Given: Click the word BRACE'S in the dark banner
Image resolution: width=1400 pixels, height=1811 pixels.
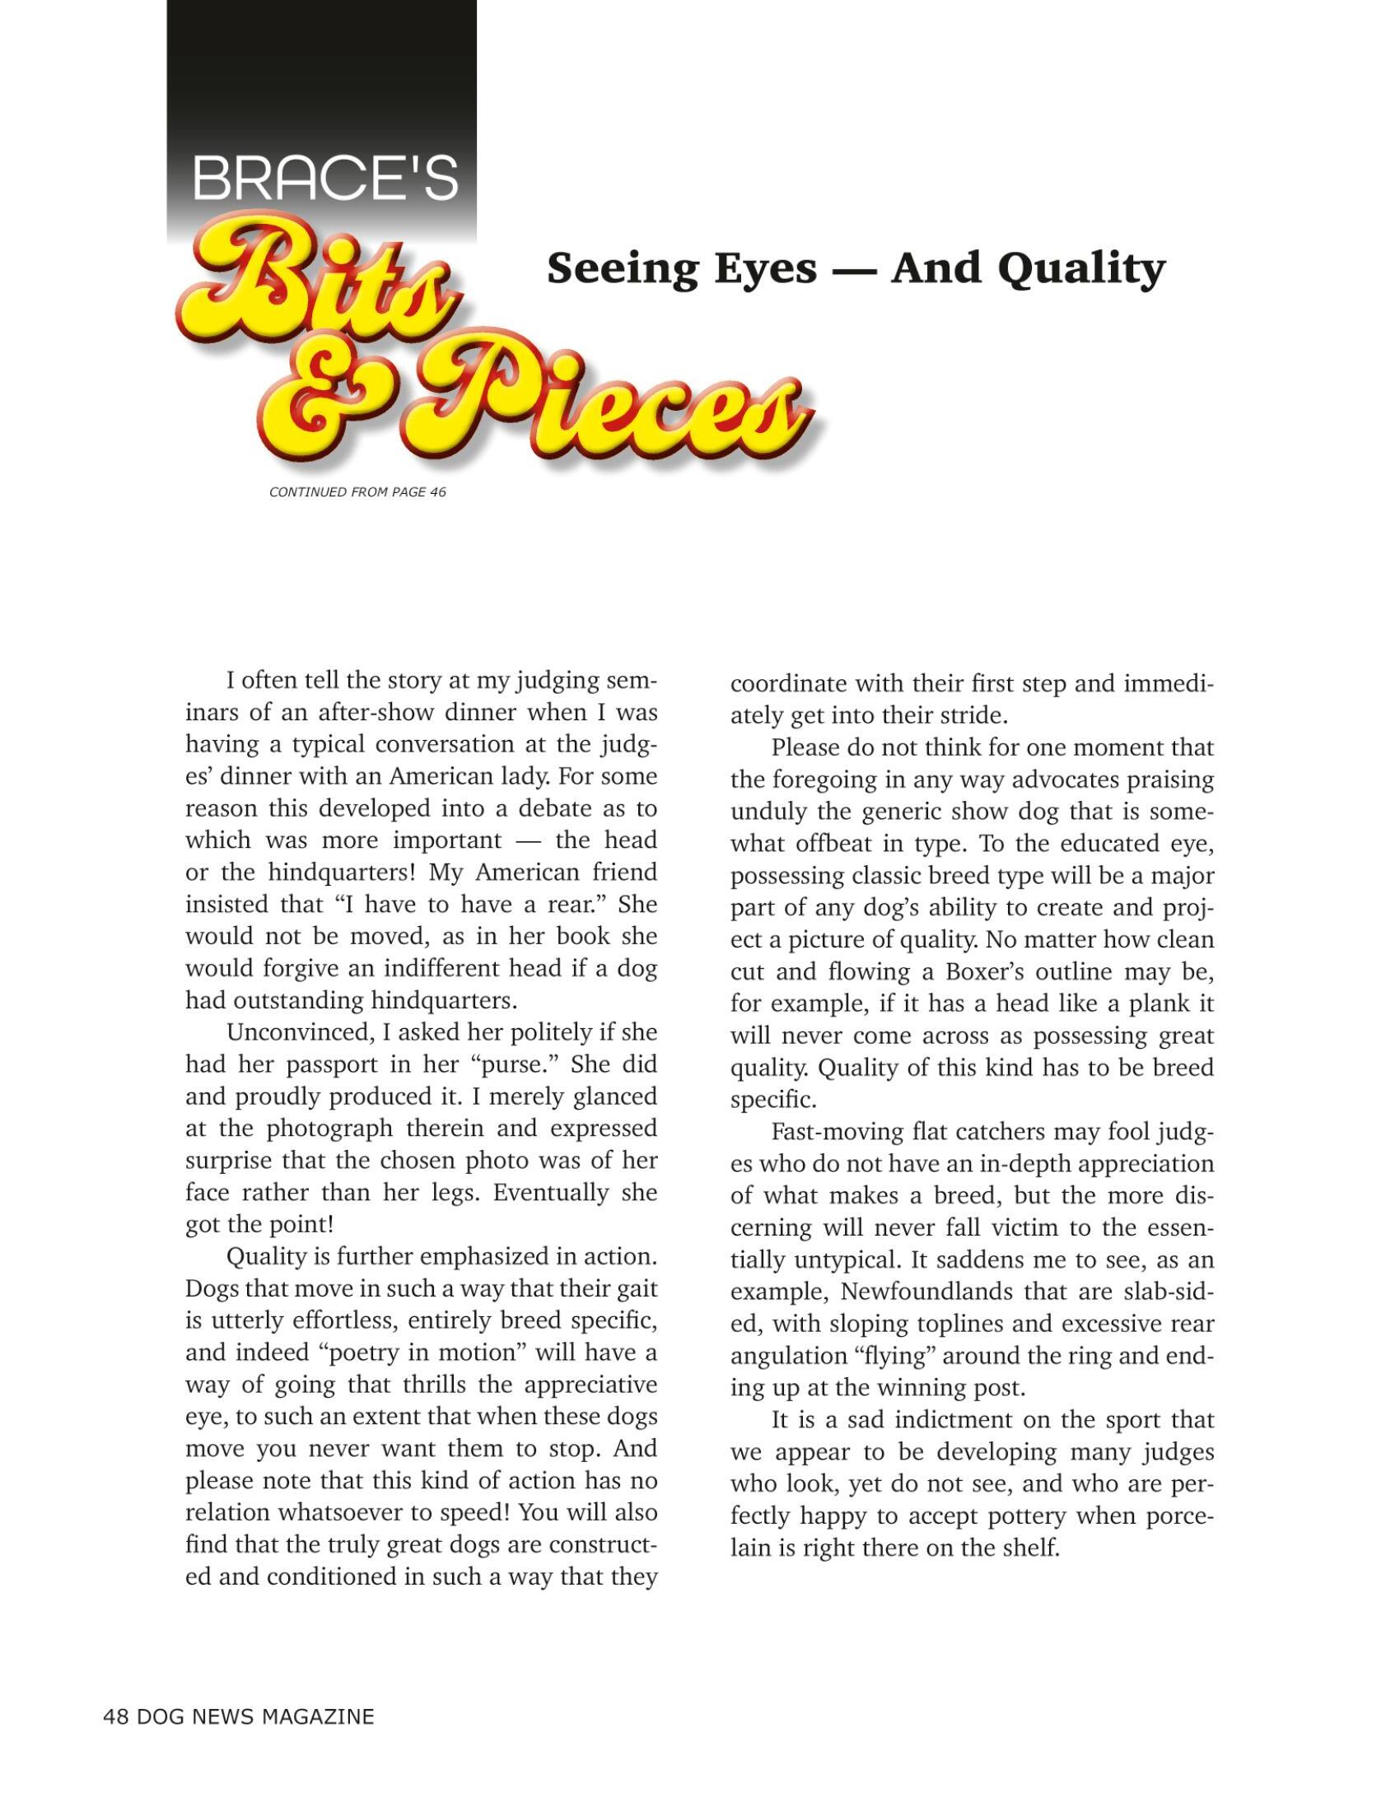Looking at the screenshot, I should point(325,178).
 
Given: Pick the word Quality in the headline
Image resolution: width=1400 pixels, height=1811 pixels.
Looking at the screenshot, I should point(1081,268).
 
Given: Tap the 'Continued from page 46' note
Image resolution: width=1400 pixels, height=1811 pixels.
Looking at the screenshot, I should point(357,492).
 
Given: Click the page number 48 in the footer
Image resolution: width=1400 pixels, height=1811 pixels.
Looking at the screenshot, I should point(115,1717).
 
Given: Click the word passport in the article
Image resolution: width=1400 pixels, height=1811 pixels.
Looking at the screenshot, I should point(336,1064).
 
